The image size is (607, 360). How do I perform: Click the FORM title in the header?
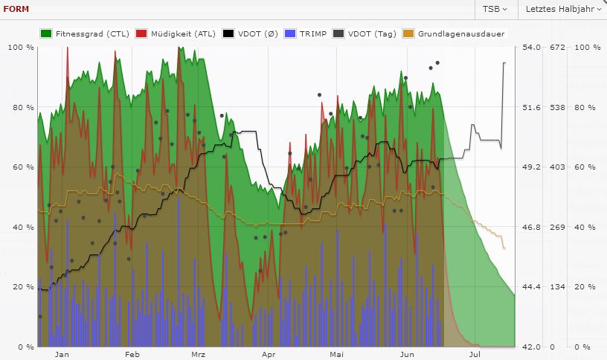[x=17, y=10]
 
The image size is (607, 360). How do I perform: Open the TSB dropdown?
[x=495, y=9]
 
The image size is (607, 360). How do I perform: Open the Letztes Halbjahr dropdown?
[x=562, y=9]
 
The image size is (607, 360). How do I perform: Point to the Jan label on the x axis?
[x=62, y=356]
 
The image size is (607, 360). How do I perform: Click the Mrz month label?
[x=198, y=356]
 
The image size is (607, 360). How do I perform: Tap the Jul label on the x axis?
[x=474, y=356]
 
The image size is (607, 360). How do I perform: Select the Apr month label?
[x=269, y=356]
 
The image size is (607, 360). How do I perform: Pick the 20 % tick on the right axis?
[x=585, y=287]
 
